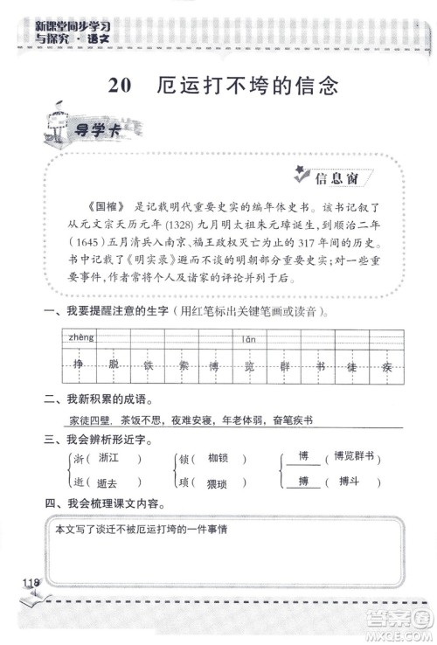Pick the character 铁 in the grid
click(x=149, y=365)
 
